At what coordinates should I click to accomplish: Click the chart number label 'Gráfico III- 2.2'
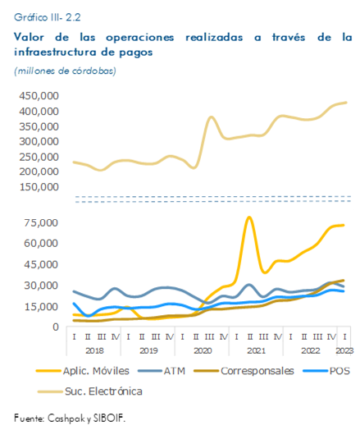(48, 17)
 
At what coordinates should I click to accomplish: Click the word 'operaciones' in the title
(140, 38)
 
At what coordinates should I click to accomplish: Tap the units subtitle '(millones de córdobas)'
(65, 71)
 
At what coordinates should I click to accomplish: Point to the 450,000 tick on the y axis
(39, 96)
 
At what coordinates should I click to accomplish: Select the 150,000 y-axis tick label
(39, 187)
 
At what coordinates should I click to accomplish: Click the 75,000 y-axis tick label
(41, 223)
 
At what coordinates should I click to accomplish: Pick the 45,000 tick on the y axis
(41, 264)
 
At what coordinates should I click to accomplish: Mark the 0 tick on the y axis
(56, 327)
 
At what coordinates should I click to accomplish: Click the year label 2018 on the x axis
(94, 350)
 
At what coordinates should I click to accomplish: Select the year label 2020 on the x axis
(203, 350)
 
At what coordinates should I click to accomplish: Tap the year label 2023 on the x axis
(344, 350)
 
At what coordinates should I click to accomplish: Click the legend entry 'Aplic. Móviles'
(83, 371)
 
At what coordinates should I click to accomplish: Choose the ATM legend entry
(162, 371)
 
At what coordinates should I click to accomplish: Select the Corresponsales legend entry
(244, 371)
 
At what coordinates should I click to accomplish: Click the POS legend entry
(326, 371)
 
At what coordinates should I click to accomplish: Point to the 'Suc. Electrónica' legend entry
(89, 391)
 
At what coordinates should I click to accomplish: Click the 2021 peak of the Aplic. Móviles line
(249, 217)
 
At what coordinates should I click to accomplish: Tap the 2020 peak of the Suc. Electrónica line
(212, 117)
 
